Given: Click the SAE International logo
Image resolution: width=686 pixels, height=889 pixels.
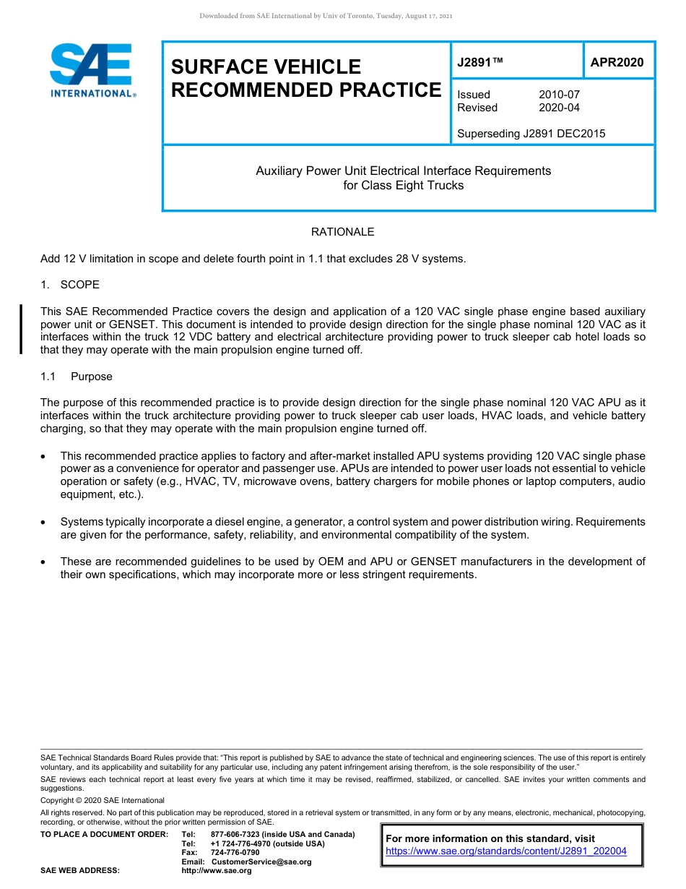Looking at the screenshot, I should tap(92, 70).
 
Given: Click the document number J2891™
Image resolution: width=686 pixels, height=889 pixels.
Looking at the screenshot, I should tap(479, 62).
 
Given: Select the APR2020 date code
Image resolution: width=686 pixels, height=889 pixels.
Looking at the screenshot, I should tap(617, 62).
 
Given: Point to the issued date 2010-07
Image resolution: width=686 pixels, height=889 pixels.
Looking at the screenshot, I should tap(559, 95).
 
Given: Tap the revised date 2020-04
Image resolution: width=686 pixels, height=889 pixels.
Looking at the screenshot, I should tap(559, 108).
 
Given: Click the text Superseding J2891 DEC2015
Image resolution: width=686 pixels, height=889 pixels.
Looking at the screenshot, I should tap(531, 134).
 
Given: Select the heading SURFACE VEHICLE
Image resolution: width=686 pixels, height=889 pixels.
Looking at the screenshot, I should tap(265, 67).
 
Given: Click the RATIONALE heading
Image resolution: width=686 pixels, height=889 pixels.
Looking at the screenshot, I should tap(342, 232).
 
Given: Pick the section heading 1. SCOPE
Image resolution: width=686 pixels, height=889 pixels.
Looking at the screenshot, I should tap(70, 285).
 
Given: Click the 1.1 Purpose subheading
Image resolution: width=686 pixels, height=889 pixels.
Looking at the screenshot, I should tap(77, 377).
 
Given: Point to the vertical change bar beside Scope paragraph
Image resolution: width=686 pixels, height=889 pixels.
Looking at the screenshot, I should tap(21, 330).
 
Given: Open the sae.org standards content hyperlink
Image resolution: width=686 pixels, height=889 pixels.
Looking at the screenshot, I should tap(505, 851).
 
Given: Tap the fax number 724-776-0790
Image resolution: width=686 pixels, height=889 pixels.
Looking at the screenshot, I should tap(235, 853).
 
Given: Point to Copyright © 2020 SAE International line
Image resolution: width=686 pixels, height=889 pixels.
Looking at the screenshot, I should tap(103, 800).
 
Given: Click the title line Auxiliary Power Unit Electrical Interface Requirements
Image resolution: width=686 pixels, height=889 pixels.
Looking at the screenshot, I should tap(403, 171).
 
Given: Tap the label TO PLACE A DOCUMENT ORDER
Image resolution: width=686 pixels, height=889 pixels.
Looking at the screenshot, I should tap(104, 834).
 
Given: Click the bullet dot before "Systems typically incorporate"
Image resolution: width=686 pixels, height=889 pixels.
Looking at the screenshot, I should tap(45, 522).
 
